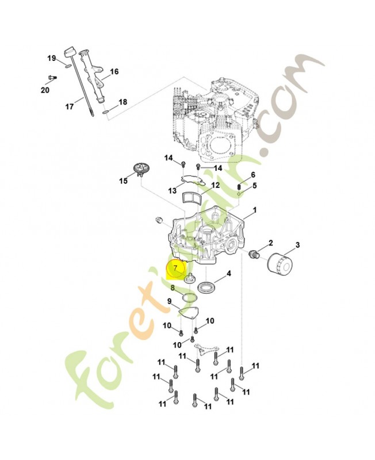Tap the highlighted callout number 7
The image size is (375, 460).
(175, 268)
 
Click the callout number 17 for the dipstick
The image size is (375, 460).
(69, 106)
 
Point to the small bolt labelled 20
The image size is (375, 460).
(52, 78)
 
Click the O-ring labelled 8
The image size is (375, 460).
(189, 297)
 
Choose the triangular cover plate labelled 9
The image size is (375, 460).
(189, 313)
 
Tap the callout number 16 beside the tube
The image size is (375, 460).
(114, 71)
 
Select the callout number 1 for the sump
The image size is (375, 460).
(255, 210)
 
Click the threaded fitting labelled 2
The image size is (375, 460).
(253, 254)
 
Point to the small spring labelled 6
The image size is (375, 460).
(239, 187)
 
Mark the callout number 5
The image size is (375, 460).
(254, 186)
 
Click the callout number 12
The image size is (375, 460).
(216, 185)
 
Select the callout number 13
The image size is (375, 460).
(173, 191)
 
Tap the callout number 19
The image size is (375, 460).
(52, 59)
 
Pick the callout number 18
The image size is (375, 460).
(123, 102)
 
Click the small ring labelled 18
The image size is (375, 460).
(106, 113)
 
